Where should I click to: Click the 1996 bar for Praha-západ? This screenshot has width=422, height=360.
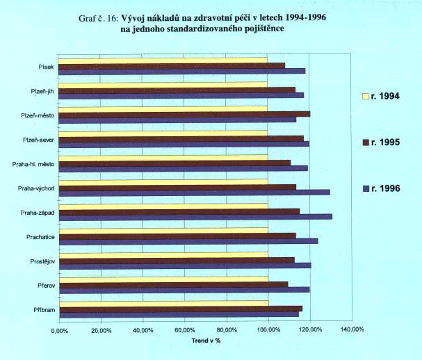point(195,216)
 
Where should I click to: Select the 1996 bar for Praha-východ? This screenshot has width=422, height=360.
point(193,192)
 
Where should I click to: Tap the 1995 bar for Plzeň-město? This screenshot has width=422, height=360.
point(184,113)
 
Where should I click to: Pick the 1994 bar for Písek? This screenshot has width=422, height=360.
point(162,60)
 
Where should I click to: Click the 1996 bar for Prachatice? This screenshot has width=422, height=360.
point(188,240)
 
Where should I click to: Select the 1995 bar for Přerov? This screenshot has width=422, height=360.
point(172,284)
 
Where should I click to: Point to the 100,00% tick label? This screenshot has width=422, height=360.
point(268,331)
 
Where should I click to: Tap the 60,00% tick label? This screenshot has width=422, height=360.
point(184,331)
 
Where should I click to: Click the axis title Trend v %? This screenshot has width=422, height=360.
point(205,341)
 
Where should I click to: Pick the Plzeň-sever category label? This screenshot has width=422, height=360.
point(39,140)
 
